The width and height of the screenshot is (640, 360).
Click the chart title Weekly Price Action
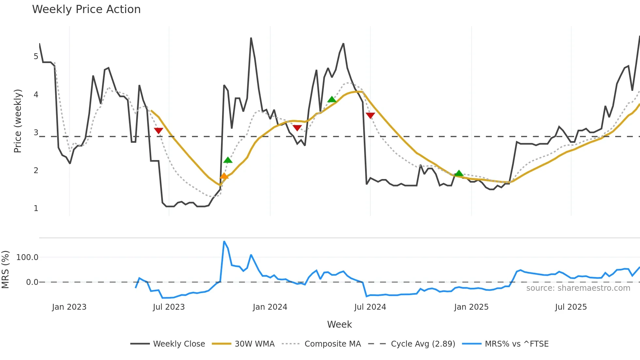[x=86, y=9]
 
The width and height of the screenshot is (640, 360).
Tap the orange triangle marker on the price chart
[x=224, y=176]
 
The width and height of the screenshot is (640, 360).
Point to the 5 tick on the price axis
[x=36, y=57]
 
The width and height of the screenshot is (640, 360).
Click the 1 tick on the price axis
[x=36, y=208]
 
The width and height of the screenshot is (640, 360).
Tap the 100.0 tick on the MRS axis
[x=27, y=257]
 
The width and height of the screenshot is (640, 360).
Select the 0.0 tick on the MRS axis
[x=32, y=282]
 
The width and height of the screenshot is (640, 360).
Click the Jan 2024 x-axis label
[x=270, y=307]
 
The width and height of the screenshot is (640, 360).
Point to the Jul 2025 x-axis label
[x=571, y=307]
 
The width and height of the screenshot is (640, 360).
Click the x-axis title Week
[x=339, y=324]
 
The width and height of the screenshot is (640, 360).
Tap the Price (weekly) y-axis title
[x=18, y=121]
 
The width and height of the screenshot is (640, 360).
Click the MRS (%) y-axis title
[x=5, y=270]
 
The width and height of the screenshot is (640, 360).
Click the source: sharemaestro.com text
[x=578, y=288]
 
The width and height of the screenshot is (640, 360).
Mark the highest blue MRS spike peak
[x=224, y=242]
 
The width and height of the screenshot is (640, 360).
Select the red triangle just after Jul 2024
[x=370, y=115]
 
